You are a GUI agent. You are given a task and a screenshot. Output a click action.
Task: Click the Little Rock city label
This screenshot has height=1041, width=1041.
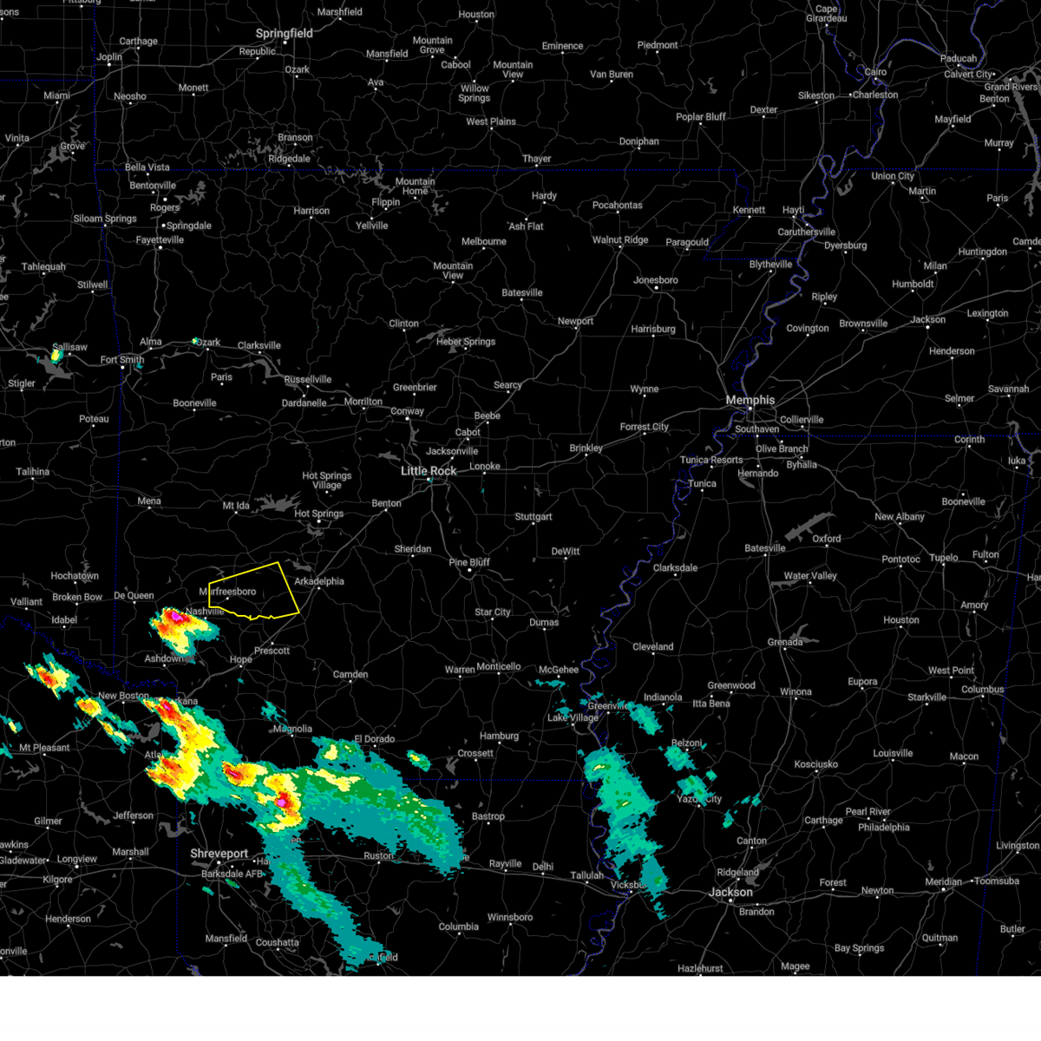pos(429,471)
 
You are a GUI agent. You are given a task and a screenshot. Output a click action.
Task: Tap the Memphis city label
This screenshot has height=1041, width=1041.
pos(750,400)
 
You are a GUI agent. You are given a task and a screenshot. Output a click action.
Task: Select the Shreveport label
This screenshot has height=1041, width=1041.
pos(219,854)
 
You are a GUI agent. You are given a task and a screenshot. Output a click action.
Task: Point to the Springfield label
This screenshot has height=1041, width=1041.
pos(284,34)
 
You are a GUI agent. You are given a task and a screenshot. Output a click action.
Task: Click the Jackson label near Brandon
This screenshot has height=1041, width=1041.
pos(730,892)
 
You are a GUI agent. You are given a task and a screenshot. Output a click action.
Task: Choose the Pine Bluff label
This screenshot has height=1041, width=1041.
pos(469,562)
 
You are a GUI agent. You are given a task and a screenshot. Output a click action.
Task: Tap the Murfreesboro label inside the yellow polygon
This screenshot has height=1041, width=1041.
pos(228,592)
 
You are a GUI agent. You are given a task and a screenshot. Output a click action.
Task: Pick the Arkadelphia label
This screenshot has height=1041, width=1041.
pos(319,581)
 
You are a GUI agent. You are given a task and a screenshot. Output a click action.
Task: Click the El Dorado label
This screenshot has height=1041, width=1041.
pos(374,739)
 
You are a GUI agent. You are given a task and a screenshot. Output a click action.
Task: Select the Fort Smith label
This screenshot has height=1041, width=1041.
pos(122,360)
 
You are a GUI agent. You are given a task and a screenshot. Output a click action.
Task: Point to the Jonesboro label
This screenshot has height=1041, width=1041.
pos(656,280)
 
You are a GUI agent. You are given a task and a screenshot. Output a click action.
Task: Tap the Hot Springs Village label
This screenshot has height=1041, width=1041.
pos(327,481)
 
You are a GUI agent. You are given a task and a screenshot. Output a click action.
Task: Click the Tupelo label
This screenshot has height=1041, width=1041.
pos(945,558)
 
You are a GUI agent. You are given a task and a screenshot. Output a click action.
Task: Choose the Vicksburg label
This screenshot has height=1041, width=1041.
pos(629,885)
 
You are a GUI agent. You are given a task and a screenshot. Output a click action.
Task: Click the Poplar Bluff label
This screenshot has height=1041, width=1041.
pos(701,117)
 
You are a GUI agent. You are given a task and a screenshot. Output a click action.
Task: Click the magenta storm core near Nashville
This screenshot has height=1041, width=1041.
pos(175,616)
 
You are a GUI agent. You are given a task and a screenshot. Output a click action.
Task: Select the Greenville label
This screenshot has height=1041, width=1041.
pos(607,706)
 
